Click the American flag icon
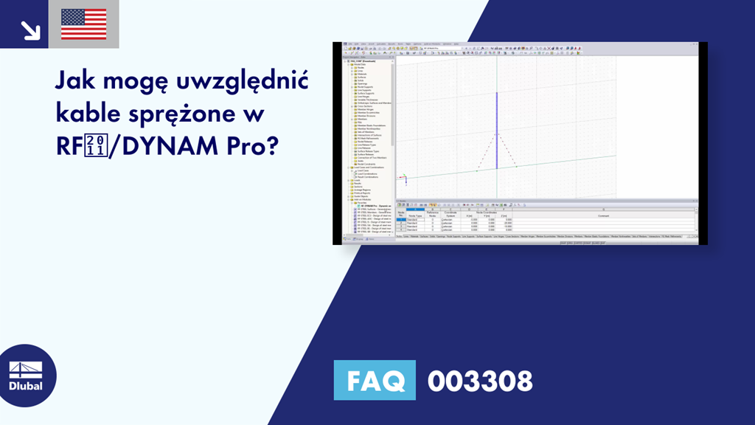[x=83, y=24]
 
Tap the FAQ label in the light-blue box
[x=375, y=381]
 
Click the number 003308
[x=480, y=381]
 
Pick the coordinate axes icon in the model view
[x=403, y=178]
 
